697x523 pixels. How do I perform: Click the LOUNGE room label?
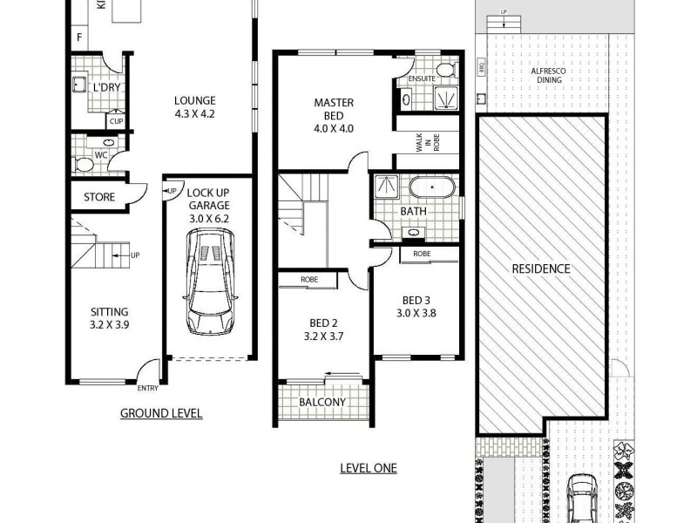pos(194,100)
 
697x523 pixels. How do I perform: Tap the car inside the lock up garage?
pos(209,281)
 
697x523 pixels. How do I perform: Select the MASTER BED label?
pos(333,102)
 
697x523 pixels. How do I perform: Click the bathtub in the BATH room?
pos(432,187)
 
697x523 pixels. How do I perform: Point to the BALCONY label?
pos(322,403)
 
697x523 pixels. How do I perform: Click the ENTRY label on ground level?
pos(146,389)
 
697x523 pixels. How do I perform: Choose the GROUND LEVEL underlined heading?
pos(161,413)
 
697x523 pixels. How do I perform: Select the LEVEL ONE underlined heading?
pos(368,468)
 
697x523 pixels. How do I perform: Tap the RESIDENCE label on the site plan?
pos(540,268)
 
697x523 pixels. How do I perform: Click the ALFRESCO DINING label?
pos(549,76)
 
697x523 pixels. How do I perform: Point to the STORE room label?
pos(99,197)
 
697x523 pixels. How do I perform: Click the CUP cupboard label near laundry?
pos(116,120)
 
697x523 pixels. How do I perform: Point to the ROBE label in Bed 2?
pos(309,280)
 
